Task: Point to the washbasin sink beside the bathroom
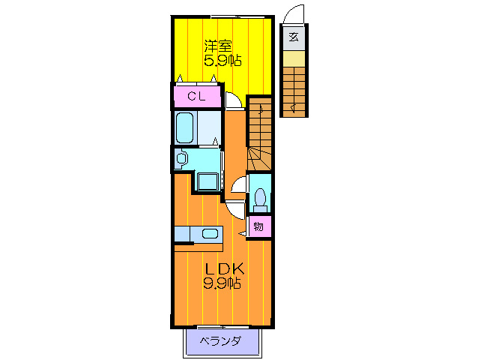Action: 181,158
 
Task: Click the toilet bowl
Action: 259,197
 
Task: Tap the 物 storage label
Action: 258,226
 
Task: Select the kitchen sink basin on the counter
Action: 209,233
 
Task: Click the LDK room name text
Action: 221,268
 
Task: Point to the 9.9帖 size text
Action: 221,283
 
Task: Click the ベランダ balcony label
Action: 220,342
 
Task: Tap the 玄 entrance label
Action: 294,37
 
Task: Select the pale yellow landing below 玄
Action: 294,58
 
